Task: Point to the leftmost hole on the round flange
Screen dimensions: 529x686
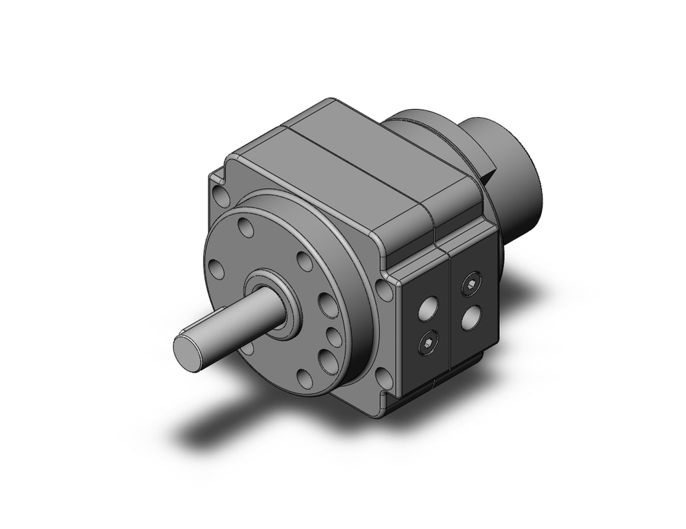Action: [x=217, y=269]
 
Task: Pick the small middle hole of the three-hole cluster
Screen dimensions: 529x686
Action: [x=333, y=336]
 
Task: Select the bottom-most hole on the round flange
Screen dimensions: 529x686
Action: [x=303, y=378]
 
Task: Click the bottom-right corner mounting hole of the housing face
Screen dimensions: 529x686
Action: [x=385, y=376]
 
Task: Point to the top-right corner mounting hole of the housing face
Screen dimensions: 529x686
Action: [x=386, y=291]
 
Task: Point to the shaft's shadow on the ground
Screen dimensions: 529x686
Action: [x=206, y=428]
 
